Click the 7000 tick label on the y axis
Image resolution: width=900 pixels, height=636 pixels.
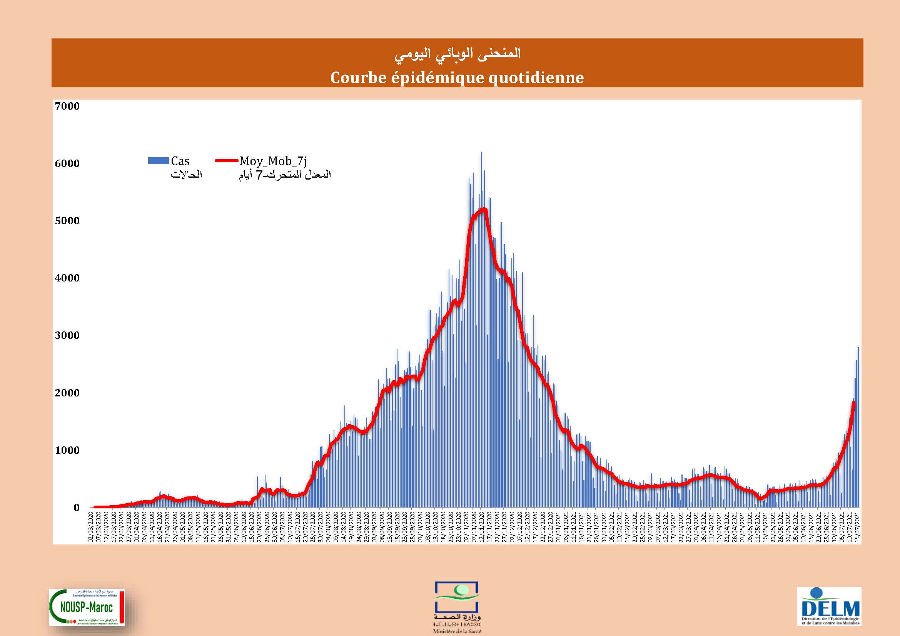pos(67,106)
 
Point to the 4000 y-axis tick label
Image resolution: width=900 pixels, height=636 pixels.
pos(67,278)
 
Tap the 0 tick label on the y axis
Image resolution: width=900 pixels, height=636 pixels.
pos(77,508)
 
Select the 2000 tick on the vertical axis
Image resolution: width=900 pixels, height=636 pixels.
pos(67,393)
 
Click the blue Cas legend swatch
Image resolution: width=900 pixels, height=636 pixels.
pos(158,161)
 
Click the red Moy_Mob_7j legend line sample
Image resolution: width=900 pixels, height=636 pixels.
pos(227,161)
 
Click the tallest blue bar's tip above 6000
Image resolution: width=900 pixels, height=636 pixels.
pos(481,153)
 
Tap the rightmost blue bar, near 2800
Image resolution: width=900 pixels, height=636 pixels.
pos(858,348)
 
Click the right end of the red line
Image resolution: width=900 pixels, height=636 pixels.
pos(854,403)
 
